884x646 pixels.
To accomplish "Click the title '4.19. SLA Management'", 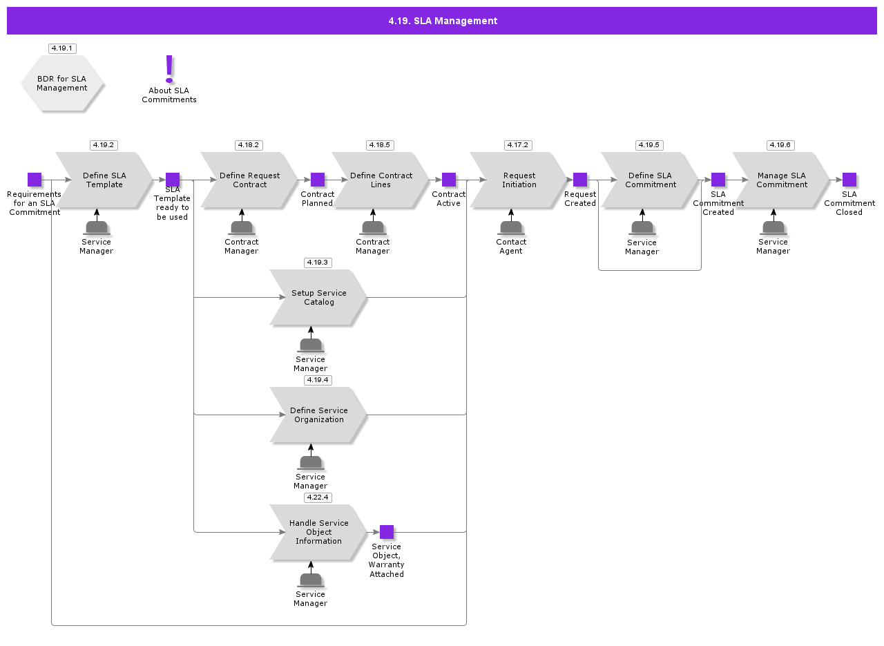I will pos(442,21).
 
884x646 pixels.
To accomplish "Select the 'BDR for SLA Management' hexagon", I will pos(62,84).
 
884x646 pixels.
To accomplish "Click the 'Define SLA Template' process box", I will pos(104,180).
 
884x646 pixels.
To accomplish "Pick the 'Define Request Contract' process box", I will pos(249,180).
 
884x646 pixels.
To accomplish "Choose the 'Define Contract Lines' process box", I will pos(380,180).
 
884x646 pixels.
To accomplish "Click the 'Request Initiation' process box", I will pos(519,180).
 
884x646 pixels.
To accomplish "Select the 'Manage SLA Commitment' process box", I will pos(780,180).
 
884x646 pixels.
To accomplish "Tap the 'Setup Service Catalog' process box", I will pos(318,298).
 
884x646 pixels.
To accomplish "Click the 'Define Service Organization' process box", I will pos(318,415).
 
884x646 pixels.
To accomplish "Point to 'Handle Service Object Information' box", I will pos(318,532).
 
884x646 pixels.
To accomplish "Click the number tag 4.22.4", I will pos(318,497).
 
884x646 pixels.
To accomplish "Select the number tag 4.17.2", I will pos(518,145).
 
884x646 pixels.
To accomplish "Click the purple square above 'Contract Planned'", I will pos(318,180).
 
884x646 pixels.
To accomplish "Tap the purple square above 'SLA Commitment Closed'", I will pos(849,180).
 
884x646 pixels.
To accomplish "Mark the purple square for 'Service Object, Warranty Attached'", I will pos(387,532).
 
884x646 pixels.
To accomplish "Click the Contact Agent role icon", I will pos(511,227).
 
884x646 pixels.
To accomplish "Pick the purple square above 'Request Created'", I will pos(580,180).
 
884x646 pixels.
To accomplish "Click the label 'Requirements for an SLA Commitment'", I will pos(35,203).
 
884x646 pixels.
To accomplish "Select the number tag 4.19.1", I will pos(62,48).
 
